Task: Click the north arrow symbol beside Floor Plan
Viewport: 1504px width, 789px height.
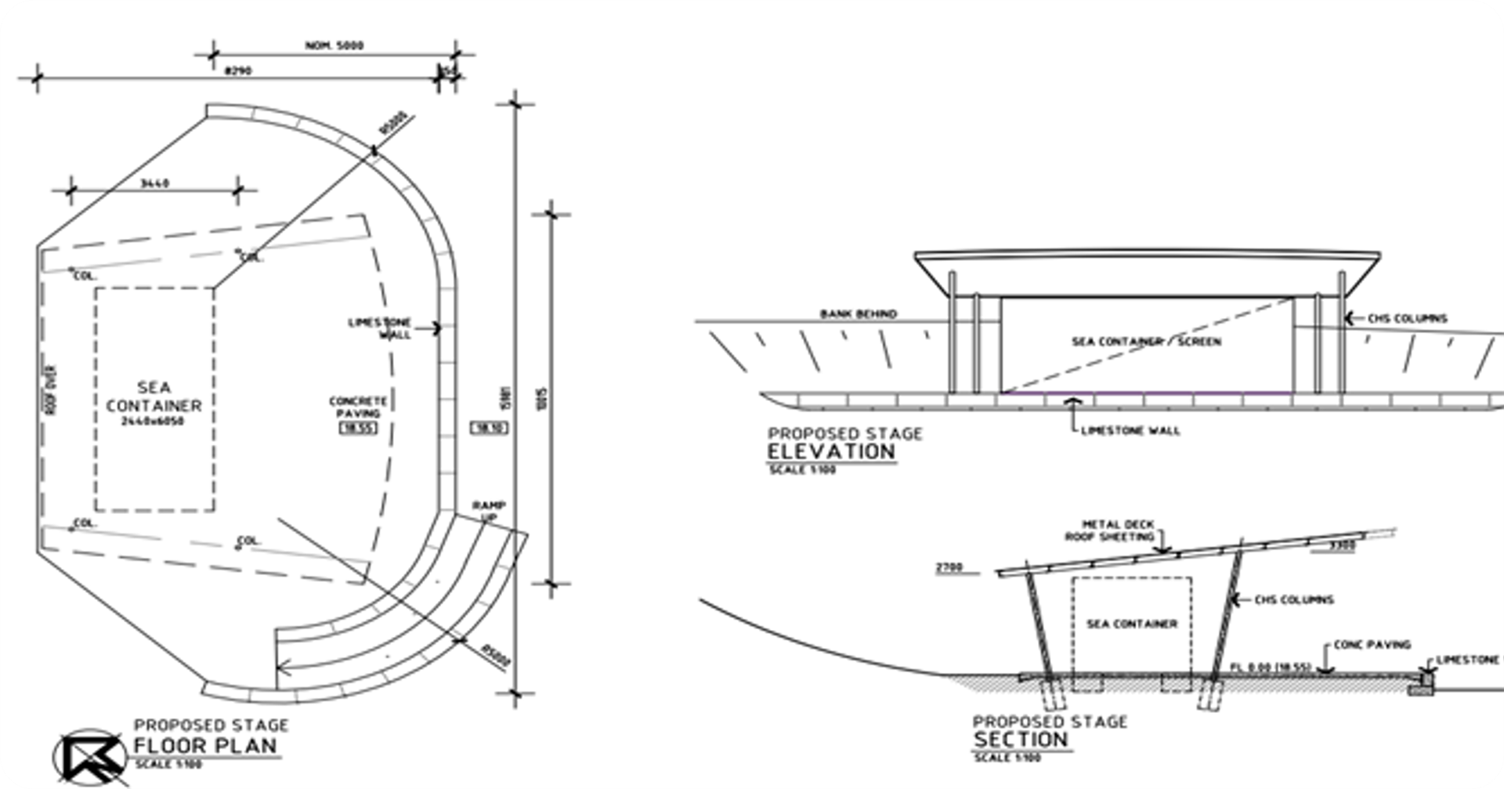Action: point(89,757)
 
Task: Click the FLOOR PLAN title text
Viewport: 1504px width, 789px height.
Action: point(206,745)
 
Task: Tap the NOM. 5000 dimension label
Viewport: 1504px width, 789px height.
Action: point(334,45)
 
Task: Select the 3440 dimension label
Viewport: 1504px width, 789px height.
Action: point(154,183)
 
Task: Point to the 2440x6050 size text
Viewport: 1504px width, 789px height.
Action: point(154,422)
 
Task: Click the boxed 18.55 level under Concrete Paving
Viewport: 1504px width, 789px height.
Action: point(358,428)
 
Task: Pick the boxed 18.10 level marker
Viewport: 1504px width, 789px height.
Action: point(490,428)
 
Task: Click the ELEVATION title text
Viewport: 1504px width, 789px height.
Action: point(831,452)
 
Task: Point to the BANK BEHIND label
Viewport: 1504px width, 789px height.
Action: point(859,314)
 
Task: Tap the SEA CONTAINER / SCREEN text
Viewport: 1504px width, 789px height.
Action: point(1146,342)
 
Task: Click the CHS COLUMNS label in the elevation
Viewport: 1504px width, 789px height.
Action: point(1408,319)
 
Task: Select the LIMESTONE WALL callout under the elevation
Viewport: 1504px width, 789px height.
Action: point(1130,430)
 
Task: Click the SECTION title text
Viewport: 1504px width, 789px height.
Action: point(1021,740)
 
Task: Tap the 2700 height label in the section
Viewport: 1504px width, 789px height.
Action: point(949,567)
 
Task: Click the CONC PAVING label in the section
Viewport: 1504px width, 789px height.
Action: point(1372,645)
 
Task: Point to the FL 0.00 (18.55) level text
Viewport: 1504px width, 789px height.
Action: point(1270,668)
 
